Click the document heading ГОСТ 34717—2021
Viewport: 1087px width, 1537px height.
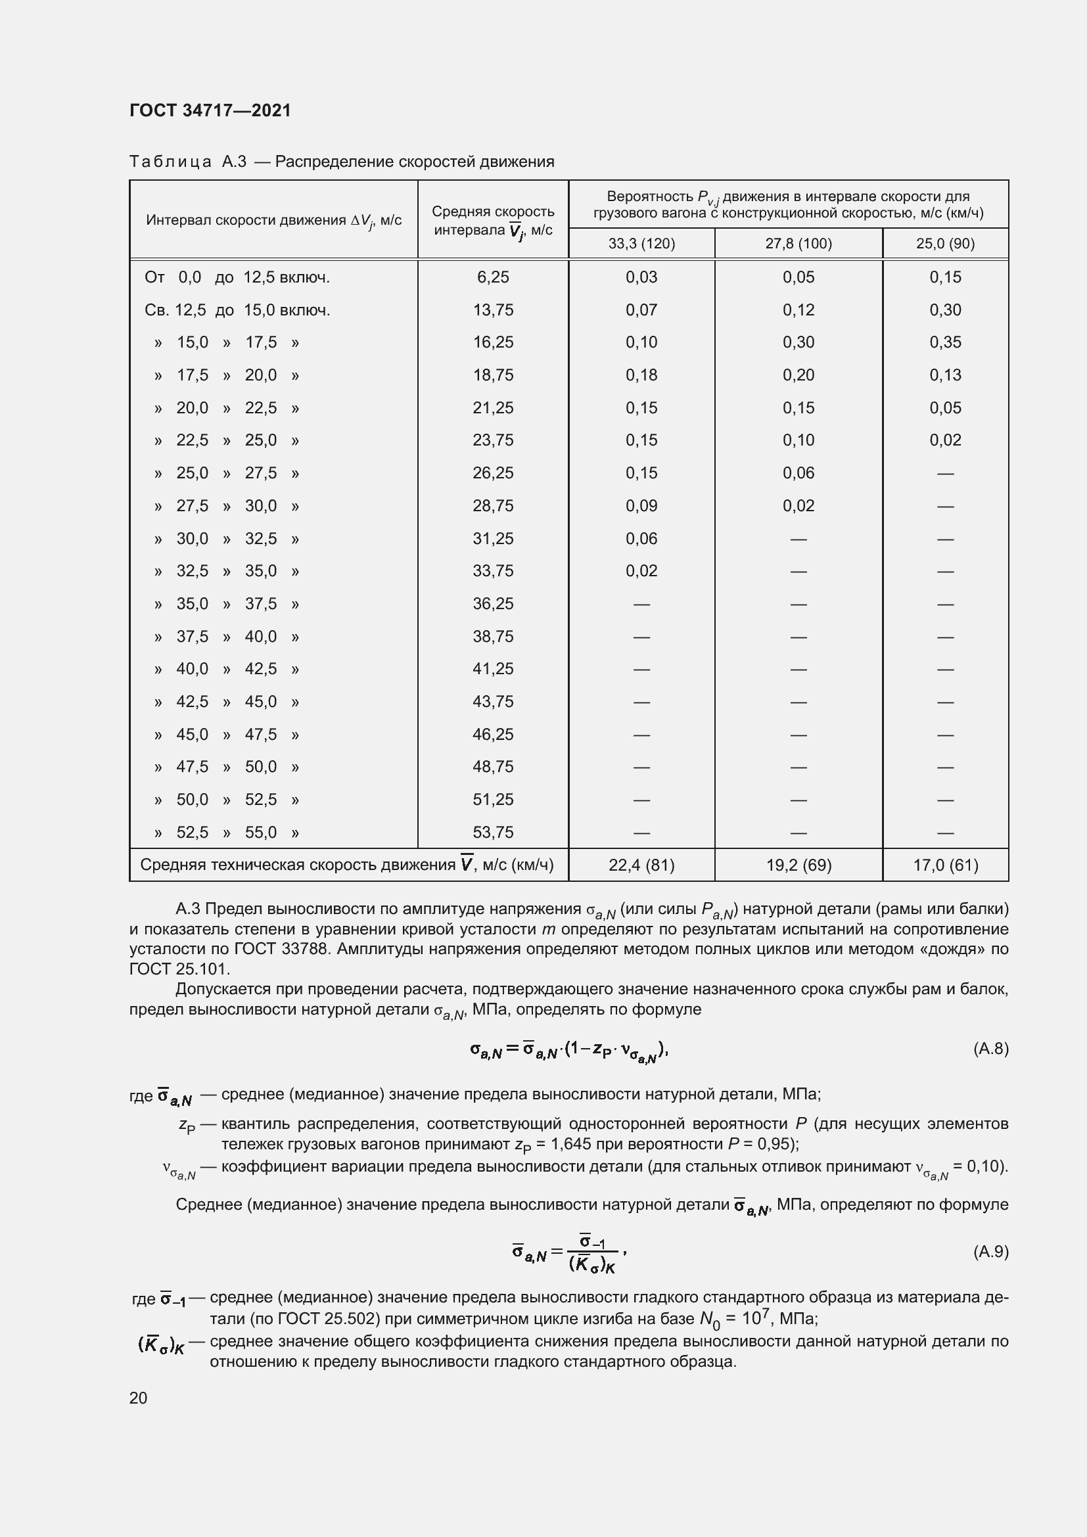tap(210, 110)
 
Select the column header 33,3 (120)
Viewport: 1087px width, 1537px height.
tap(641, 244)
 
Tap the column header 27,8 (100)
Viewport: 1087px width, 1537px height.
tap(798, 244)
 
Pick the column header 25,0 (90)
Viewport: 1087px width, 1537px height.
tap(944, 244)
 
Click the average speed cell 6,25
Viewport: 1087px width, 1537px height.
tap(493, 277)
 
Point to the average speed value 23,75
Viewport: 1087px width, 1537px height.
tap(493, 440)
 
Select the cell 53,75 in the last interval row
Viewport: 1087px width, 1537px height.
tap(493, 832)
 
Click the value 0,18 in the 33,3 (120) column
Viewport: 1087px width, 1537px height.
tap(641, 375)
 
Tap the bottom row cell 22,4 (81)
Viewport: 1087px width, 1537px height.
tap(641, 865)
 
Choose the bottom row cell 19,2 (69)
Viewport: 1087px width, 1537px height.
tap(798, 865)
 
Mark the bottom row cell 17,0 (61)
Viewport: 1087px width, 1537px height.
tap(944, 865)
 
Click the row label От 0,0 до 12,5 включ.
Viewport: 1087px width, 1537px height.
tap(237, 277)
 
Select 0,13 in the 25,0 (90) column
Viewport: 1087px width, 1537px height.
tap(944, 375)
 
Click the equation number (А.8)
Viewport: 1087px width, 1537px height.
tap(990, 1048)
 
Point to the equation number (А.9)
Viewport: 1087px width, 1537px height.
tap(990, 1252)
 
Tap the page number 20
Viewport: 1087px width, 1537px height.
tap(138, 1398)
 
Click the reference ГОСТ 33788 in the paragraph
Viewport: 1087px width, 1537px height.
tap(275, 950)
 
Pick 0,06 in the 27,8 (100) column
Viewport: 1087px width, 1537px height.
tap(798, 473)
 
